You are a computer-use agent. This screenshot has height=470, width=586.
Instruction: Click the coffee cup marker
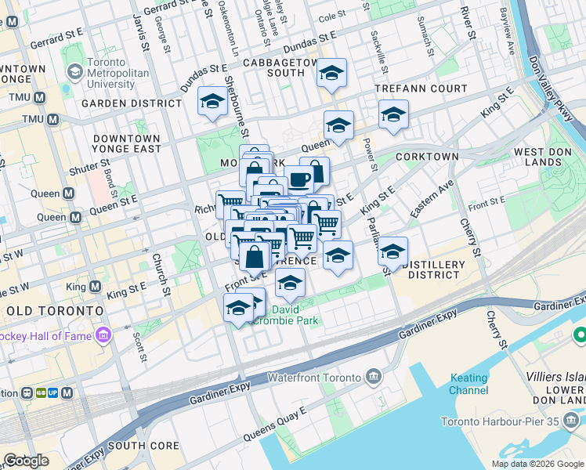pyautogui.click(x=298, y=179)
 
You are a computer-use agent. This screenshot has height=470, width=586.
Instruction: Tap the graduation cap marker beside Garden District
pyautogui.click(x=212, y=102)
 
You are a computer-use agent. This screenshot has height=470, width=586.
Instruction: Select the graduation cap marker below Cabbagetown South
pyautogui.click(x=331, y=74)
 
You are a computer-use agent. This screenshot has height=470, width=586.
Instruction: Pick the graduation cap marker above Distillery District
pyautogui.click(x=392, y=252)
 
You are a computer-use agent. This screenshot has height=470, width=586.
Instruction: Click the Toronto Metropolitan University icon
pyautogui.click(x=75, y=73)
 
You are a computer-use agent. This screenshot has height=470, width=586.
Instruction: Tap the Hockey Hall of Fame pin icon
pyautogui.click(x=103, y=336)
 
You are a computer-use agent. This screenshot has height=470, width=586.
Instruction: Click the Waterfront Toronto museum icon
pyautogui.click(x=373, y=378)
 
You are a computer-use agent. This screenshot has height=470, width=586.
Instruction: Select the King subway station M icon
pyautogui.click(x=95, y=287)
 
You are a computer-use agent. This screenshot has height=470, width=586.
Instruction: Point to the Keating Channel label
pyautogui.click(x=468, y=384)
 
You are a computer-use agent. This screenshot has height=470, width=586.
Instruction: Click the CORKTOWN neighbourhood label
pyautogui.click(x=427, y=157)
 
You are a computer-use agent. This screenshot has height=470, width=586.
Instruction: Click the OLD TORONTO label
pyautogui.click(x=54, y=311)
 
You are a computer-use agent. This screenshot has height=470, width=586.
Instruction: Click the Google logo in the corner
pyautogui.click(x=26, y=461)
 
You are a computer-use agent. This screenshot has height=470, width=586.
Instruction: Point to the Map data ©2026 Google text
pyautogui.click(x=537, y=464)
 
